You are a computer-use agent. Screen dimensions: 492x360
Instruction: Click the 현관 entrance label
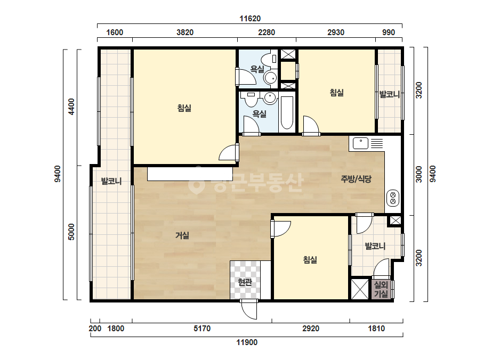[245, 282]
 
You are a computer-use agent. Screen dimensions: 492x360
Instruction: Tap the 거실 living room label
[182, 235]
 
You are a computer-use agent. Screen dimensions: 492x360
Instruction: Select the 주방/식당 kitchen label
[356, 179]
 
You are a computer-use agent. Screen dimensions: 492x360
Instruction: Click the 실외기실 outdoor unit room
[381, 289]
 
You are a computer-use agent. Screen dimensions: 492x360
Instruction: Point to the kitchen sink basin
[360, 143]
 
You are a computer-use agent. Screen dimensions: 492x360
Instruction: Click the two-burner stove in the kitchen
[392, 198]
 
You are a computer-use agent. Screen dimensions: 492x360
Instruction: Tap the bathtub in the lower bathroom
[287, 113]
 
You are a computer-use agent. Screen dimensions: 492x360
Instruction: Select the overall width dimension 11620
[250, 19]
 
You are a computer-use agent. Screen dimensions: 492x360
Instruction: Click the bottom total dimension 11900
[247, 342]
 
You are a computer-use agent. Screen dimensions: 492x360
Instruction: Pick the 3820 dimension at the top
[185, 32]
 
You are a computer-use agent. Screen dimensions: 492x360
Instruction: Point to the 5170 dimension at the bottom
[202, 329]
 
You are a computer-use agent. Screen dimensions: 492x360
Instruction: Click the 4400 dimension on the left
[71, 107]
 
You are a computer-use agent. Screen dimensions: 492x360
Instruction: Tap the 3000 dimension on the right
[419, 174]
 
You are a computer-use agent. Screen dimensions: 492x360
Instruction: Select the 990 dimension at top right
[389, 32]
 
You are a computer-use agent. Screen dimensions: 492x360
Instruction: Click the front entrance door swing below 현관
[249, 309]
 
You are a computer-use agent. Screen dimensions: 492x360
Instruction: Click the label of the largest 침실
[184, 108]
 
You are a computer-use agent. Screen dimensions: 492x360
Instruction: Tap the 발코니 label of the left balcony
[111, 181]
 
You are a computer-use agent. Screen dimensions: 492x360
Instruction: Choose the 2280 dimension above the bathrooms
[267, 32]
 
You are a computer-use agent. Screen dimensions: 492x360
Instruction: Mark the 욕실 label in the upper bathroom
[257, 69]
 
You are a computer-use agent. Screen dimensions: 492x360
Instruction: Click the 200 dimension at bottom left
[95, 329]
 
